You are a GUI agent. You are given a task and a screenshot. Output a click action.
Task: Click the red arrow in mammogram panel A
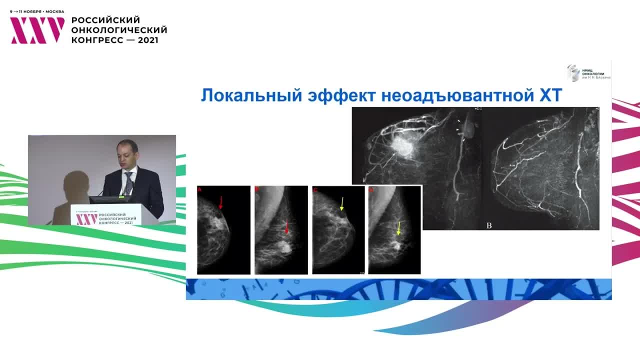coord(220,202)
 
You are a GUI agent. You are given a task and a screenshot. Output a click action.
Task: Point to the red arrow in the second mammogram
coord(286,227)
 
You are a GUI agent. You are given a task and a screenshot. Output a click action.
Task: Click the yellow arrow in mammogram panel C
coord(342,203)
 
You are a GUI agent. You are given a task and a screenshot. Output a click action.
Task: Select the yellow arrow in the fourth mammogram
coord(398,228)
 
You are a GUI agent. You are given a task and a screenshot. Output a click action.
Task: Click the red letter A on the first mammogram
coord(200,190)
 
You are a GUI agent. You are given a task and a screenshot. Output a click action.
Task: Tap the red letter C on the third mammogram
coord(315,190)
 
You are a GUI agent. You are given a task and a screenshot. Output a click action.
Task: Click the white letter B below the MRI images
coord(489,225)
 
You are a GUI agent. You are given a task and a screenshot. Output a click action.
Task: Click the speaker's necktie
coord(128,182)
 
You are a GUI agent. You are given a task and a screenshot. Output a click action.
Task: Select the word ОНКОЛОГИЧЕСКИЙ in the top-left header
coord(119,30)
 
